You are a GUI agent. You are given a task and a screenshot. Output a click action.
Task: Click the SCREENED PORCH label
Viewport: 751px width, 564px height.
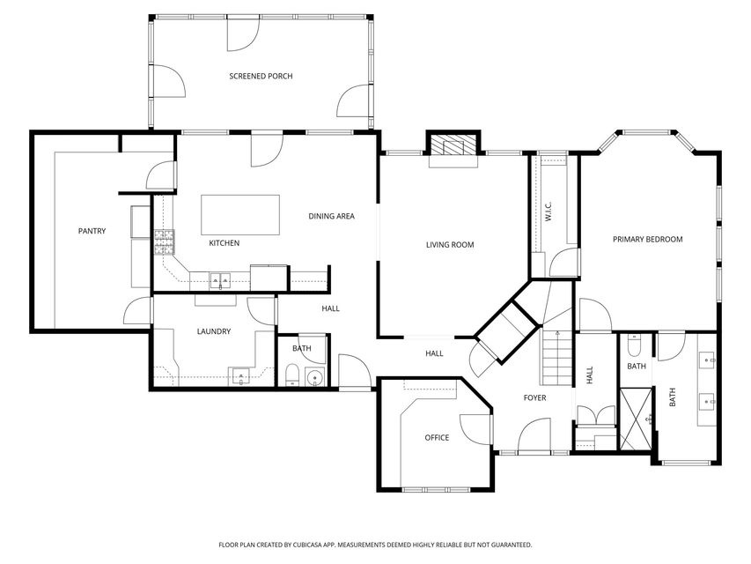(x=261, y=76)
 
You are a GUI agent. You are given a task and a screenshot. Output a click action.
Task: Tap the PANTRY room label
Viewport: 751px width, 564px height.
(x=92, y=231)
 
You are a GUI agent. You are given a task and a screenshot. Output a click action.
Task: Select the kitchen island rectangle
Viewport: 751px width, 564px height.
(x=240, y=214)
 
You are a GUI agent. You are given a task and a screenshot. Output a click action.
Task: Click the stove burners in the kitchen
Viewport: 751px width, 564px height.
(x=165, y=241)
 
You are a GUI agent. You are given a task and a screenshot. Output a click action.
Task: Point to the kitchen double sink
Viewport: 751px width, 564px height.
(x=220, y=280)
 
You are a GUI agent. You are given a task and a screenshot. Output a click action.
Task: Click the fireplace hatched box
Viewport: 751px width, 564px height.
(x=453, y=145)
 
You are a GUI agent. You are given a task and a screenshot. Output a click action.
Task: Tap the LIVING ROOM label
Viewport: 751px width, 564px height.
(x=450, y=245)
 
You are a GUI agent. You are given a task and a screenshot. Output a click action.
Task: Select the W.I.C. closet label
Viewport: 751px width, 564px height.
(x=549, y=211)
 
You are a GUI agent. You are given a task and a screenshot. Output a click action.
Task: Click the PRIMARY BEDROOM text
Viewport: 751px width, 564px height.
(x=647, y=239)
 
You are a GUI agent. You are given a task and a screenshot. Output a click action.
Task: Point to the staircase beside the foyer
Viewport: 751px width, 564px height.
(x=557, y=356)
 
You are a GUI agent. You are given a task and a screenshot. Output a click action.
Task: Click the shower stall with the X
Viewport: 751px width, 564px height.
(x=636, y=419)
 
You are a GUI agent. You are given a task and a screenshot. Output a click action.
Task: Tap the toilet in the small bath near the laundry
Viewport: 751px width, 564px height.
(x=291, y=375)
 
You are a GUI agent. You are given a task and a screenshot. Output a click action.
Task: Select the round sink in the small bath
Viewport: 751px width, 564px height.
(x=314, y=377)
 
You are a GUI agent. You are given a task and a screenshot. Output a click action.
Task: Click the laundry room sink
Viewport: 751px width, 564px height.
(x=240, y=375)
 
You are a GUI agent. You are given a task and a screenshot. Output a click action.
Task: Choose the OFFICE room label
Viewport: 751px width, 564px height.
(x=437, y=437)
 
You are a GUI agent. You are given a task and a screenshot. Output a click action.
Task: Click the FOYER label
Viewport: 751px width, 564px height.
(x=534, y=397)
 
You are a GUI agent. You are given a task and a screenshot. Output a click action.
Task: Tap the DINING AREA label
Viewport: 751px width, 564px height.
(x=331, y=216)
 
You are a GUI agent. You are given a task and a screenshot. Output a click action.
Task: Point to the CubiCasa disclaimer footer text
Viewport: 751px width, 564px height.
(x=375, y=545)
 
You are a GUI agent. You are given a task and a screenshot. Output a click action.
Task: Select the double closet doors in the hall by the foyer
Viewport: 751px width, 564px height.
(x=596, y=414)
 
